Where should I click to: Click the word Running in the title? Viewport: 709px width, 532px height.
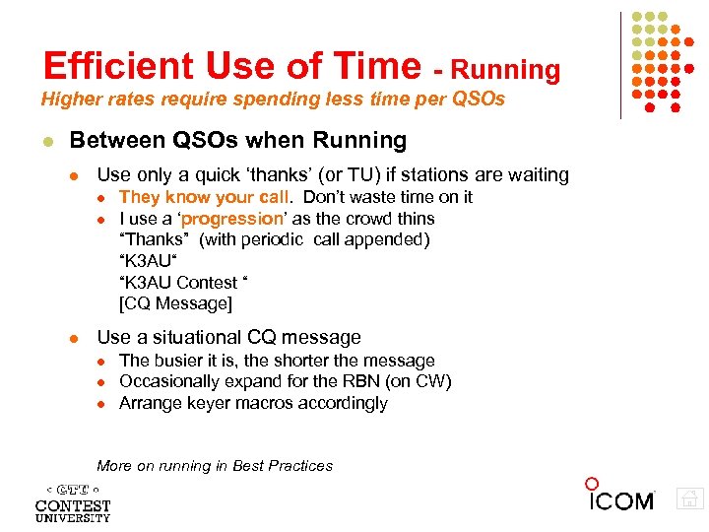[507, 70]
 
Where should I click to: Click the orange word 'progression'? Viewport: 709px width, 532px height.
[231, 219]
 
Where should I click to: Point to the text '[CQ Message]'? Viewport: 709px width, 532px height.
[175, 303]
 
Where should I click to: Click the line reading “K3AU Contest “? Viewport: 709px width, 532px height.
[183, 282]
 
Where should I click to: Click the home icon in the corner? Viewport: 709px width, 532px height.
[690, 499]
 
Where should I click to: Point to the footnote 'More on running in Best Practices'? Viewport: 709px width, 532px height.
[215, 466]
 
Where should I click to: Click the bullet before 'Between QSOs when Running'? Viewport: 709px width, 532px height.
[46, 142]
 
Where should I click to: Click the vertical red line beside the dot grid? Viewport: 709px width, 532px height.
[621, 65]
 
